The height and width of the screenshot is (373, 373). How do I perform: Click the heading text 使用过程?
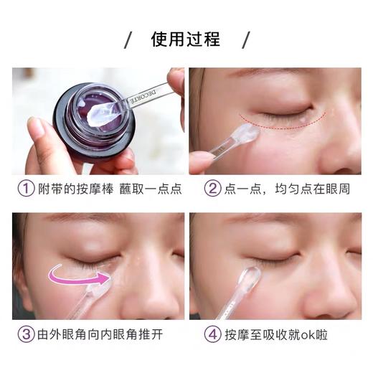186,39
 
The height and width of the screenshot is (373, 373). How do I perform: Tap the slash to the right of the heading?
245,39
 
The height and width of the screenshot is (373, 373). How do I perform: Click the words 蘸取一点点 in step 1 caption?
150,189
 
